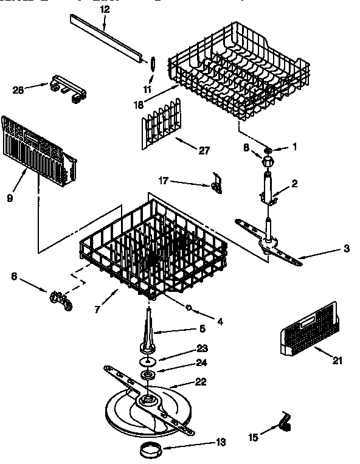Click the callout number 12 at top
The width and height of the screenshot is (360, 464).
tap(105, 10)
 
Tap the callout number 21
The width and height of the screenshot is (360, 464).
tap(337, 361)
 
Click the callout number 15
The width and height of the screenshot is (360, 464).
tap(253, 437)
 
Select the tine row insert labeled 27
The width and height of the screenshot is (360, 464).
tap(161, 125)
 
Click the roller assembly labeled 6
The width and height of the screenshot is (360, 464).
tap(60, 299)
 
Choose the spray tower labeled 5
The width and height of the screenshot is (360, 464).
tap(150, 331)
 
